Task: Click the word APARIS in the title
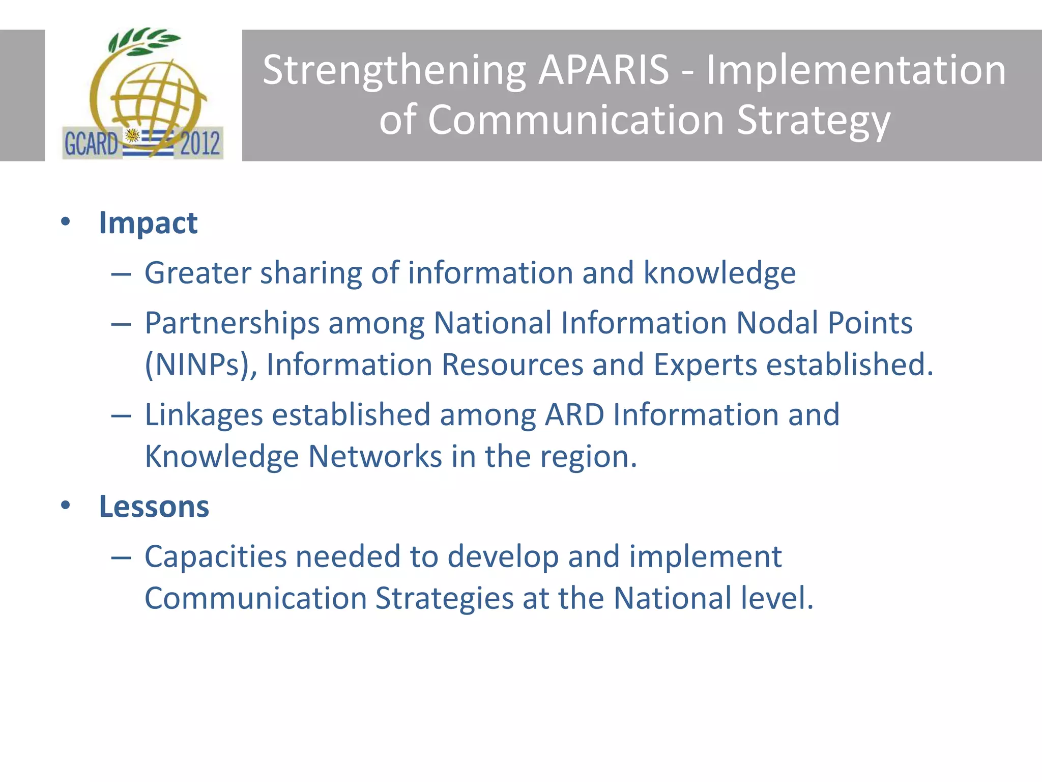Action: [x=603, y=70]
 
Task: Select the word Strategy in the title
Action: [x=814, y=121]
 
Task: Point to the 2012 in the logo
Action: [x=200, y=144]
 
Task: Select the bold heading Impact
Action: [x=148, y=223]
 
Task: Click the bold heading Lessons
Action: [x=154, y=507]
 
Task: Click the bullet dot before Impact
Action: [x=65, y=222]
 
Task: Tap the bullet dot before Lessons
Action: [x=65, y=506]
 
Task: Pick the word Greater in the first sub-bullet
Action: [x=198, y=273]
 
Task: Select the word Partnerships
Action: [x=232, y=323]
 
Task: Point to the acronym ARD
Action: [x=574, y=414]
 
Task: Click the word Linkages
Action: [x=204, y=415]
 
